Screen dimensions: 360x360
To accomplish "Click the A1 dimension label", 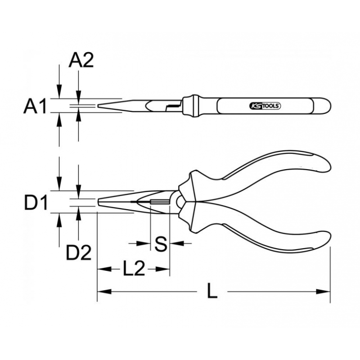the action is click(35, 106).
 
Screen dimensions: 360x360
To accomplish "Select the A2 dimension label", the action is click(81, 60).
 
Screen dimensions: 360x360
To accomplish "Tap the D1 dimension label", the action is click(36, 202).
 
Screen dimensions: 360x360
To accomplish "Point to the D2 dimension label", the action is click(79, 252).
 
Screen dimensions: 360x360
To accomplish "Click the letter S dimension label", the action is click(161, 244).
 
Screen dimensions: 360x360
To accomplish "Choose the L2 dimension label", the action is click(134, 268).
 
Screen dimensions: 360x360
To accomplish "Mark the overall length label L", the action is click(212, 290).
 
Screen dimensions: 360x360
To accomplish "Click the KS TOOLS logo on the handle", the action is click(265, 106).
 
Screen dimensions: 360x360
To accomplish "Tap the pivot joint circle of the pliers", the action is click(180, 202).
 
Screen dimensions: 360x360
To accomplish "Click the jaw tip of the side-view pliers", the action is click(99, 202).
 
